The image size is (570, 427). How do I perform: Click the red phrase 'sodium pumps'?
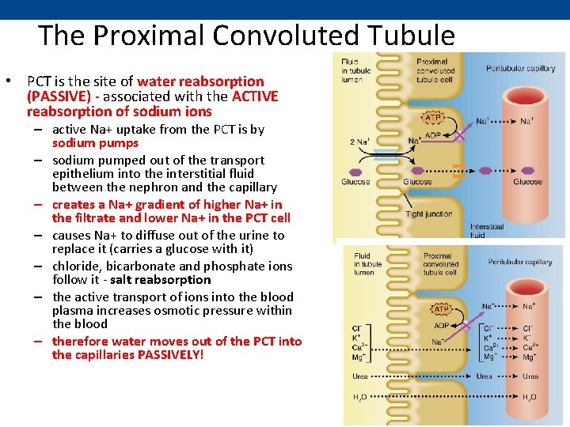coord(95,143)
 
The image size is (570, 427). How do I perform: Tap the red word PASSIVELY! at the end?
coord(170,355)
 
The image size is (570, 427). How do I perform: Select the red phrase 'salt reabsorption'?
coord(171,279)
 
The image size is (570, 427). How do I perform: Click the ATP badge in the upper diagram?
coord(434,118)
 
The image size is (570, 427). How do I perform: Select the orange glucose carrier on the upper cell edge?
coord(457,166)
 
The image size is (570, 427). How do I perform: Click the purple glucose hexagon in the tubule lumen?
coord(353,172)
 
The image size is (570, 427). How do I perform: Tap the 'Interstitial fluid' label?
coord(486,230)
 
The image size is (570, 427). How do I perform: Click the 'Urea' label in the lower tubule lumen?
coord(360,376)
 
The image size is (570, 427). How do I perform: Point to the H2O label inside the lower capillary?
coord(529,396)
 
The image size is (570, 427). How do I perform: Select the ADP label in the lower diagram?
coord(442,325)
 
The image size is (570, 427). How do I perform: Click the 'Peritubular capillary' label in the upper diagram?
coord(521,69)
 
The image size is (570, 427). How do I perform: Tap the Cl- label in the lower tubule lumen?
coord(358,328)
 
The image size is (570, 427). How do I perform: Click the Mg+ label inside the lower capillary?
coord(530,357)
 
